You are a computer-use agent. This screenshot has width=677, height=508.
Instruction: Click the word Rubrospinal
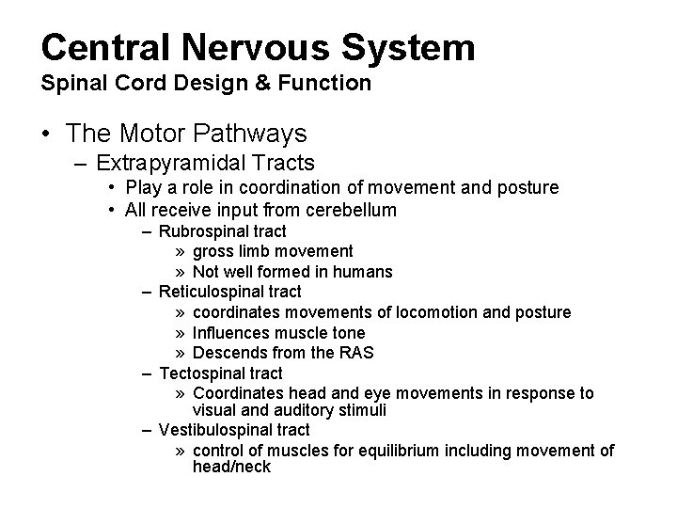(x=198, y=230)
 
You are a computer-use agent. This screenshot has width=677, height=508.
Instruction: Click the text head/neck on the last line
(x=231, y=467)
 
